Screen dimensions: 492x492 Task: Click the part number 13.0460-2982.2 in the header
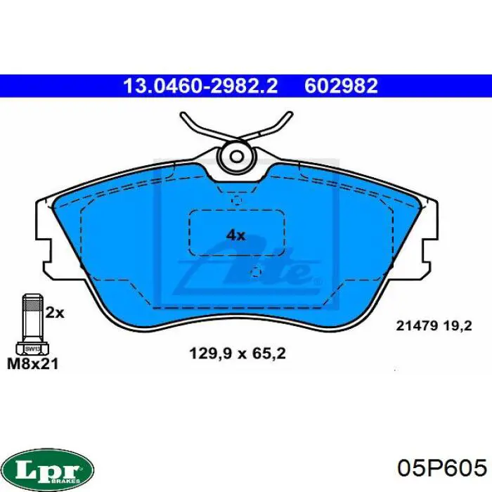click(x=200, y=86)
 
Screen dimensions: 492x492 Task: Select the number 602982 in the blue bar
click(x=342, y=86)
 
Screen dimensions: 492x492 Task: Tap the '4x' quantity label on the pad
click(x=235, y=235)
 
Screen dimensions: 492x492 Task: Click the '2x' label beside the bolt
click(x=55, y=313)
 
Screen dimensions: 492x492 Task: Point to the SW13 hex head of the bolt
click(x=32, y=347)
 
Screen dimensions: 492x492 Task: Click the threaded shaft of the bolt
click(x=32, y=316)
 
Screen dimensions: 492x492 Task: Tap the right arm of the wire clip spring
click(x=274, y=128)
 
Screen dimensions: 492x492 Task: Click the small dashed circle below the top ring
click(x=236, y=201)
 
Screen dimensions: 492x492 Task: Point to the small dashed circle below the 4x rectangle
click(x=256, y=271)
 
